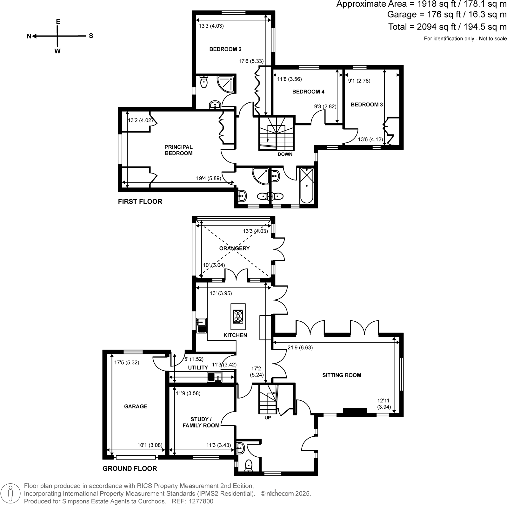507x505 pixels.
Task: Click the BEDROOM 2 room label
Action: [225, 49]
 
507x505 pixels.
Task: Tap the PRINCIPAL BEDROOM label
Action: [178, 150]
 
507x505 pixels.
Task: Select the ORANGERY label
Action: [234, 248]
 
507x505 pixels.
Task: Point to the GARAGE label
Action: [136, 406]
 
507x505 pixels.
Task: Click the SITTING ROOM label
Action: [342, 375]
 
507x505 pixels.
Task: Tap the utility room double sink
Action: [215, 377]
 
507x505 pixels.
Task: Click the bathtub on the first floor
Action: [306, 186]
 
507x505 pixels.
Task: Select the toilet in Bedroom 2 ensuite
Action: [204, 82]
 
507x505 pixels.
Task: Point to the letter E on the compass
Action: [58, 22]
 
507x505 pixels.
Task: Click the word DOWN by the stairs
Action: [285, 154]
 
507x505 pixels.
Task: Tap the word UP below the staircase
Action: [268, 418]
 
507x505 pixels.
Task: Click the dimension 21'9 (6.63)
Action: [300, 347]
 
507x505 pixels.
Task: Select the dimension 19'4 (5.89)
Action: [209, 179]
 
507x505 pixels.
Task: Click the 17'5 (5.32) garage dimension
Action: [127, 362]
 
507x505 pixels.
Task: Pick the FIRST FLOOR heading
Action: [140, 201]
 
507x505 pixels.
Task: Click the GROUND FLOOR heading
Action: [130, 468]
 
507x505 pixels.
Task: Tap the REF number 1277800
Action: [201, 501]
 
